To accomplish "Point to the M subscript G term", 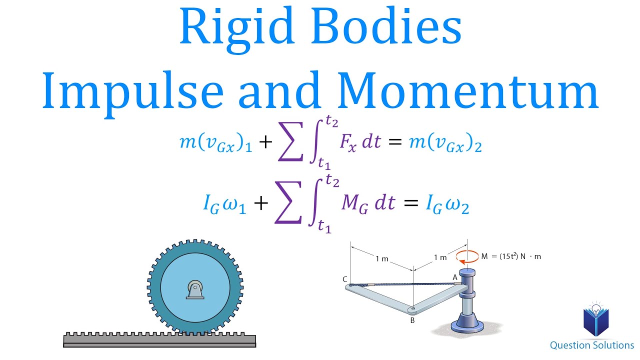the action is point(354,203).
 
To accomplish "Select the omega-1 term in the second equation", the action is point(235,204).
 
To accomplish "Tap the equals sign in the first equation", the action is point(395,142).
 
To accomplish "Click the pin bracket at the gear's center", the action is point(195,289).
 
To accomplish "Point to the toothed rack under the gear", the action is point(159,339).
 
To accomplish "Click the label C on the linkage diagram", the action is point(345,279).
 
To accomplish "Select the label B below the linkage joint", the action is point(412,320).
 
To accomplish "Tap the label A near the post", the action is point(455,277).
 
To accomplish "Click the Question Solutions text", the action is point(592,345).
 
